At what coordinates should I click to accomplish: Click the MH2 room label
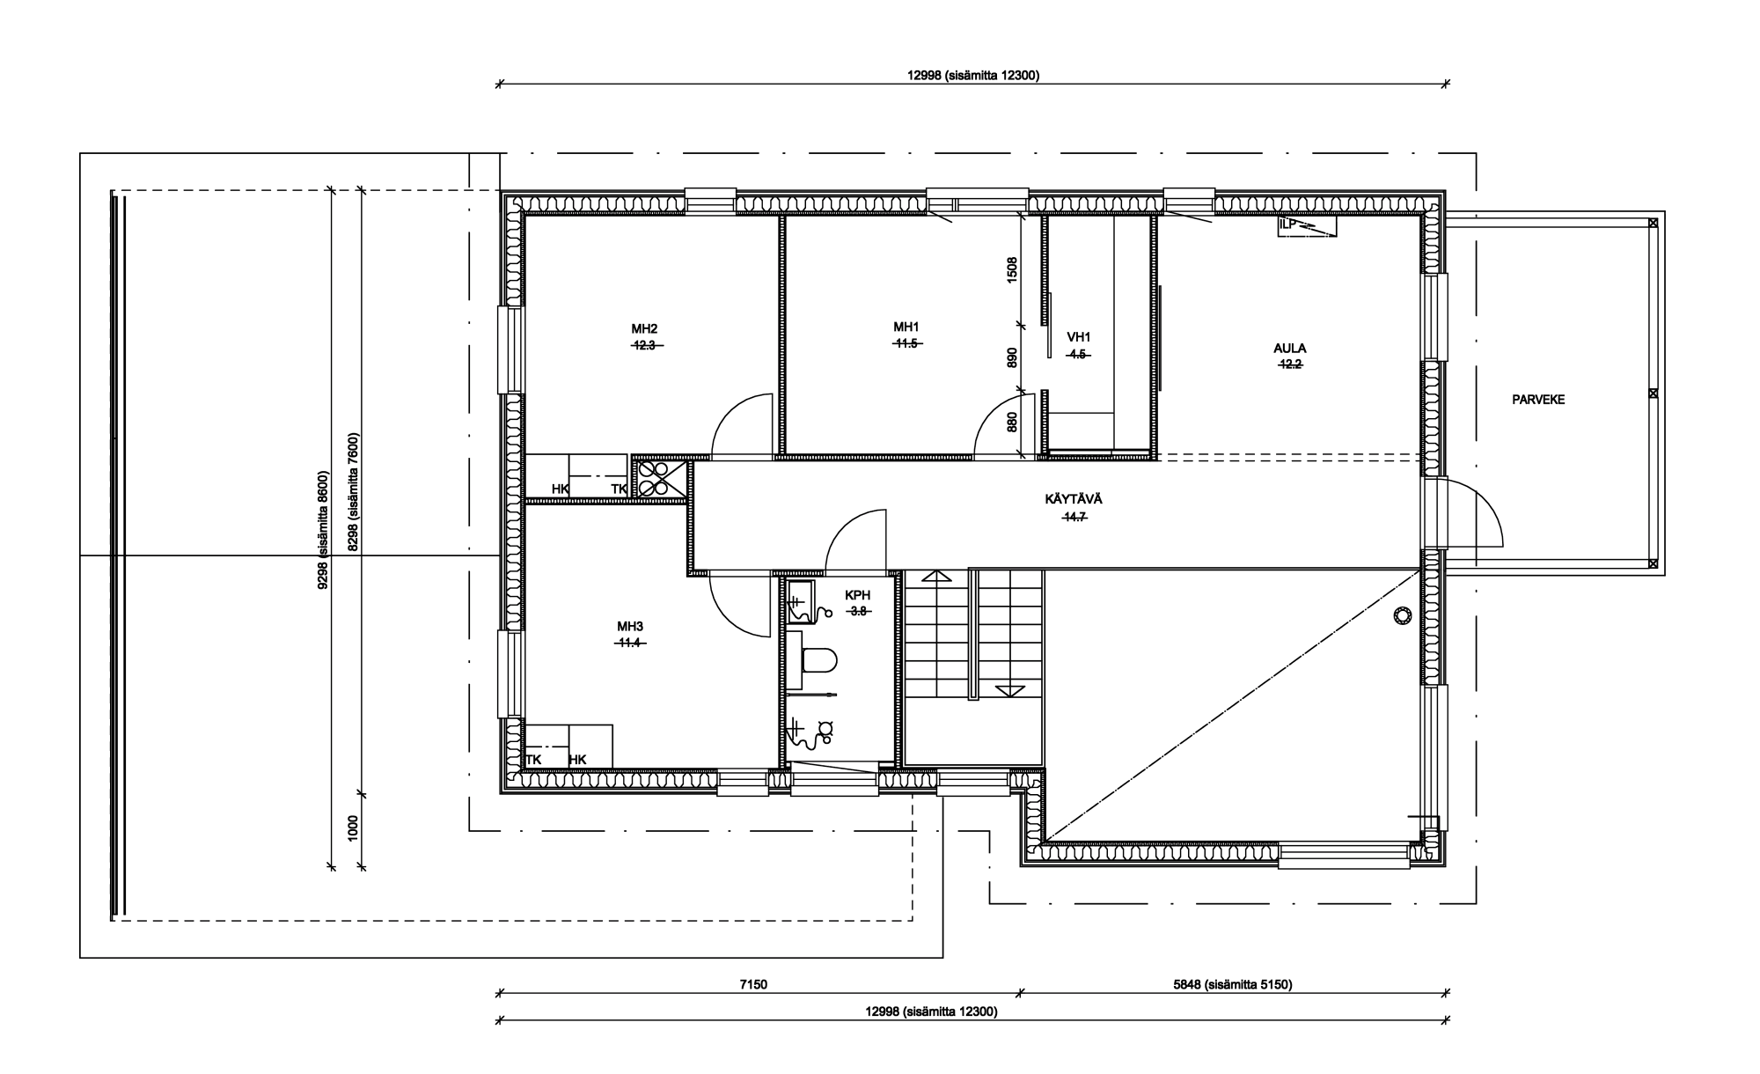[645, 329]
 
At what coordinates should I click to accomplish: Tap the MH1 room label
[906, 327]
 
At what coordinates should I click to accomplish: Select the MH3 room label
[630, 627]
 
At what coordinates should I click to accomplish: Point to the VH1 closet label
[1079, 337]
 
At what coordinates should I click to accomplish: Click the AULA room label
[1290, 348]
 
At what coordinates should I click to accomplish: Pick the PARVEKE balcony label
[1538, 400]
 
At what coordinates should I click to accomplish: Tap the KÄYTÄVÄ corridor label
[1074, 499]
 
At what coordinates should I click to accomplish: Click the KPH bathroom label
[857, 595]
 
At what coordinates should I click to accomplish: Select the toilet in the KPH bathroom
[819, 661]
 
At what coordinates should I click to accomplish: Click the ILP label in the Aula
[1288, 224]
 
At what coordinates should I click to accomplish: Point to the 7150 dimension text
[753, 985]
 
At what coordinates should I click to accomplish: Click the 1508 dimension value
[1012, 269]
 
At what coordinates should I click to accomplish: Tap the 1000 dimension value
[354, 828]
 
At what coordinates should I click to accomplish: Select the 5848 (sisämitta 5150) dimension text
[1232, 985]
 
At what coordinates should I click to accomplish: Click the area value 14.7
[1074, 518]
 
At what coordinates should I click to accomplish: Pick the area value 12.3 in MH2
[645, 346]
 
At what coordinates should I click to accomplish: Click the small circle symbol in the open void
[1401, 615]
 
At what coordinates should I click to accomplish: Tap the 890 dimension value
[1012, 357]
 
